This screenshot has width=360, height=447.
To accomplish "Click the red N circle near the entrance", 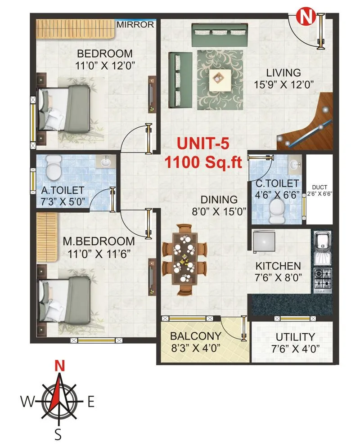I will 306,18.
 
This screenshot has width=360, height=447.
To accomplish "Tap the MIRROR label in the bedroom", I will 135,25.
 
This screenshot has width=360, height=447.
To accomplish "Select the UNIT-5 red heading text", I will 203,144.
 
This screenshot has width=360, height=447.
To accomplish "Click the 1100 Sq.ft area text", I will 203,162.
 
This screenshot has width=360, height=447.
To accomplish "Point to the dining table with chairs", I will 184,259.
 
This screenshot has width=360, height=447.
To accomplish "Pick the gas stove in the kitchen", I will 322,278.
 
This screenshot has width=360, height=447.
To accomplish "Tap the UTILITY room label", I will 295,337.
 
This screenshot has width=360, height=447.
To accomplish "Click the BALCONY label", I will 195,336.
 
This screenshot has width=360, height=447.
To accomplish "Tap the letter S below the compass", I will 58,434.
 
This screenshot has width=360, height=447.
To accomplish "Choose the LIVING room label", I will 283,72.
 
